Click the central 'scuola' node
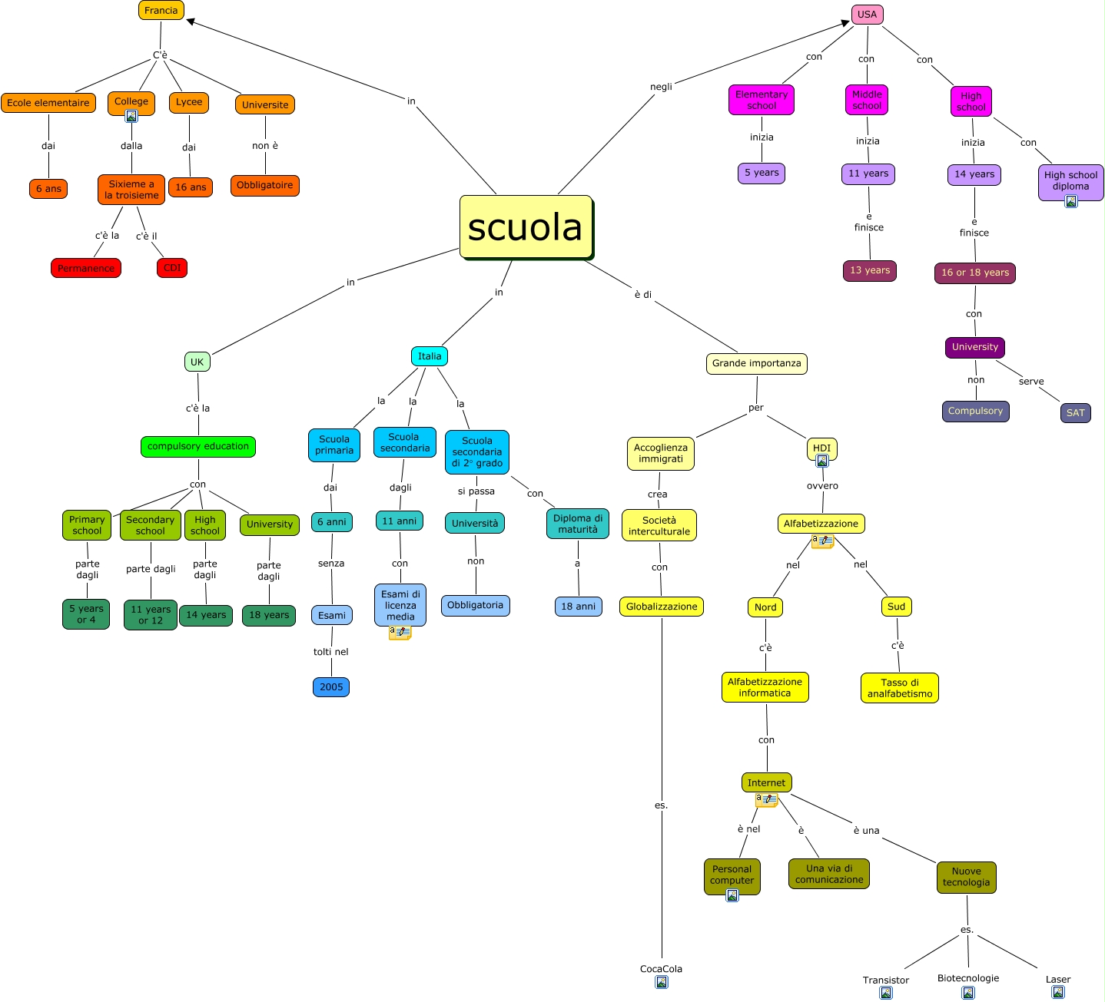526,227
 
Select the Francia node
161,11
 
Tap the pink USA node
867,15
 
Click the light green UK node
197,362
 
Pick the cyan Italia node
430,356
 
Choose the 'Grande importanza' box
756,363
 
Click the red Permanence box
86,268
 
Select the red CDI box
172,268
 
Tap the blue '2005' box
331,687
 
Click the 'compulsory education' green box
198,446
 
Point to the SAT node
1075,413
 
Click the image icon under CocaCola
661,982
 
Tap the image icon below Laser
1058,992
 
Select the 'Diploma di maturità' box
578,524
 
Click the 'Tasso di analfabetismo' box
899,688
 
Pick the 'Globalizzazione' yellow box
662,607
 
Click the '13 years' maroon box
870,270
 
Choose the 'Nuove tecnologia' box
966,877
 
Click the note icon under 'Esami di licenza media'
400,633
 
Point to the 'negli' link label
661,87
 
